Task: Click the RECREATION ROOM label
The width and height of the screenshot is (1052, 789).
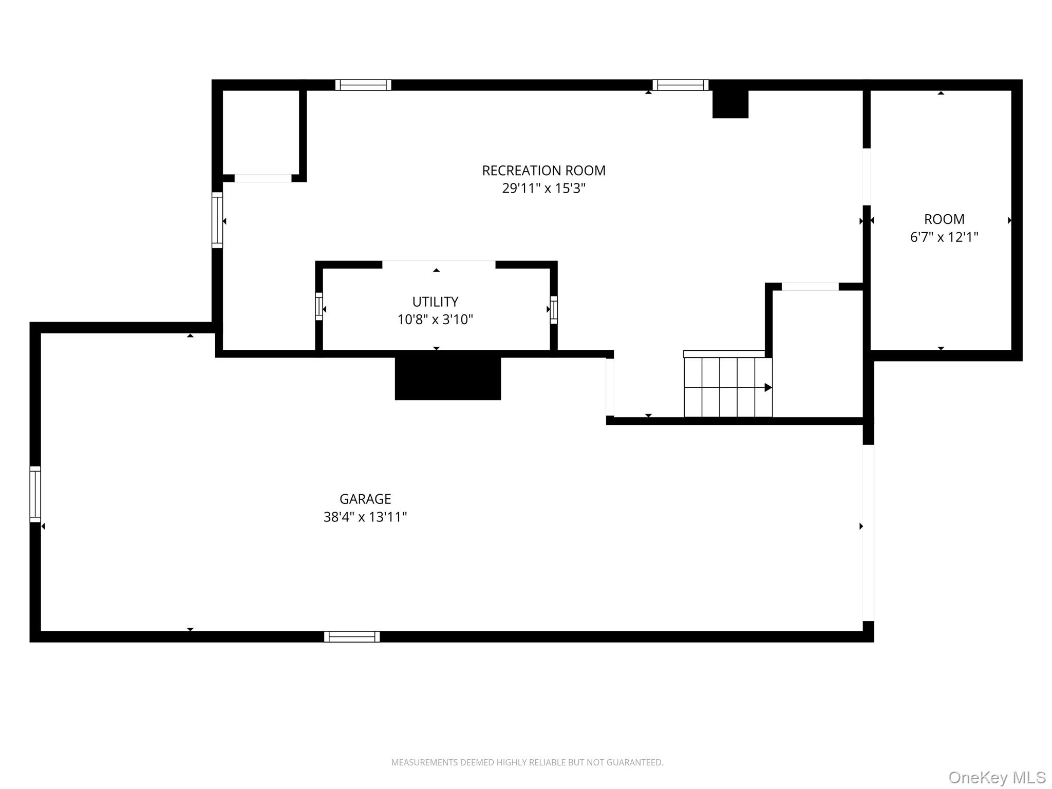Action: (543, 171)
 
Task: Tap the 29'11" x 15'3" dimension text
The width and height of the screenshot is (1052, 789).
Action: (543, 189)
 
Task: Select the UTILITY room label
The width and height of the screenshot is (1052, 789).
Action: (435, 302)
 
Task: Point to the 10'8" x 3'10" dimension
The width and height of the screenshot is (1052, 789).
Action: (435, 320)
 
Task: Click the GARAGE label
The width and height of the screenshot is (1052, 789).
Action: (365, 499)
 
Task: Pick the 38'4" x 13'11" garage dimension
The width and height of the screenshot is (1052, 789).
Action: (365, 517)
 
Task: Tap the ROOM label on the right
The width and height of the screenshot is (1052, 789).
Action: (944, 219)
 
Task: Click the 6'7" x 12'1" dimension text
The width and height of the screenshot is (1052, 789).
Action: (944, 237)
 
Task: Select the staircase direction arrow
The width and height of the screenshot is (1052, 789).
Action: (767, 387)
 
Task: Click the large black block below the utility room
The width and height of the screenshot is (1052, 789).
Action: (447, 378)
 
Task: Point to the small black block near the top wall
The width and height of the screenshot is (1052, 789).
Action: (730, 104)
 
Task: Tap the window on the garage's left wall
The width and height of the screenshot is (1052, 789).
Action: (35, 494)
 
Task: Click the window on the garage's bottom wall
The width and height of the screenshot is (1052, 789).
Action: (352, 636)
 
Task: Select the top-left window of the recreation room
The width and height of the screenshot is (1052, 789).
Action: (363, 85)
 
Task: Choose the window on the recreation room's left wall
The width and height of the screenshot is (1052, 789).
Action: (217, 220)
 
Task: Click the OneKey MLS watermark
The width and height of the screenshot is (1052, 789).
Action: (997, 777)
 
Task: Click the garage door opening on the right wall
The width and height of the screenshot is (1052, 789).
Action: (868, 533)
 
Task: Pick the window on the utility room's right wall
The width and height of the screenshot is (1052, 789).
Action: (553, 310)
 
